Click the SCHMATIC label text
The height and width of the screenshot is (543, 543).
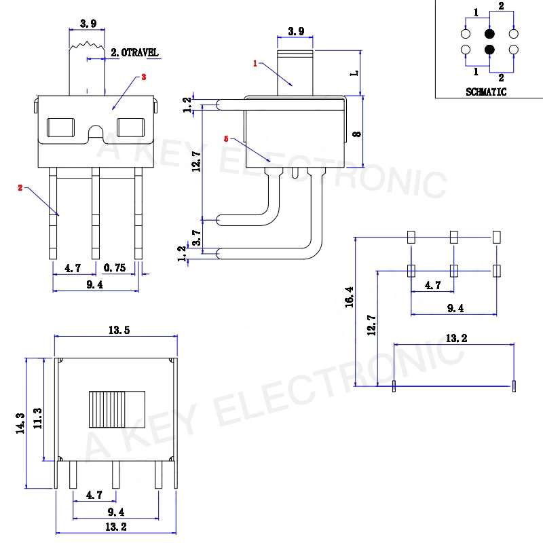point(486,92)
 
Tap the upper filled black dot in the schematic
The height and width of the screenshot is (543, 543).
point(489,34)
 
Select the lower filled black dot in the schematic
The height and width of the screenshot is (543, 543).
point(489,50)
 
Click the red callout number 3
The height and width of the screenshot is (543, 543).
point(143,77)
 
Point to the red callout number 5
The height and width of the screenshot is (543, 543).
point(225,138)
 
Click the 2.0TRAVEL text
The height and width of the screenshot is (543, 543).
point(136,52)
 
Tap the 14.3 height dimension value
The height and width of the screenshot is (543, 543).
point(20,422)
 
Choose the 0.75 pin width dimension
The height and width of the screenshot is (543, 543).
point(115,268)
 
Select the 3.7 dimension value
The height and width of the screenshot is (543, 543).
point(197,237)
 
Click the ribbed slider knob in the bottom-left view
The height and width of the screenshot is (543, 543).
point(115,409)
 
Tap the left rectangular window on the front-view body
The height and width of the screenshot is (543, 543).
point(62,128)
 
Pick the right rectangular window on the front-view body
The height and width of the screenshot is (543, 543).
point(131,128)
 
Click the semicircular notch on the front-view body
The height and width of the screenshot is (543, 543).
point(96,132)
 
